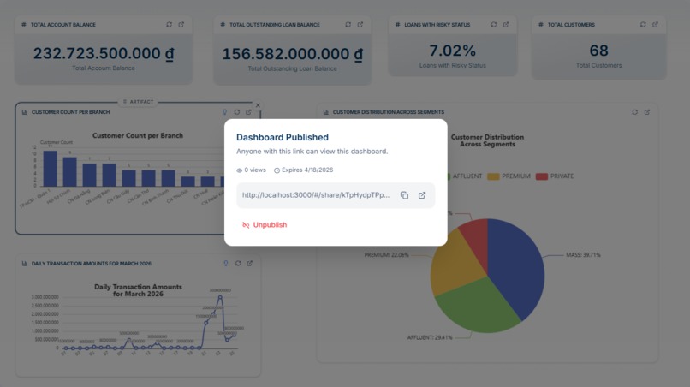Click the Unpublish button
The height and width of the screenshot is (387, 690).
coord(265,225)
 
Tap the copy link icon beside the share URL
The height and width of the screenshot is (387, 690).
coord(405,195)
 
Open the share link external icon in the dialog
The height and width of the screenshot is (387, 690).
coord(422,195)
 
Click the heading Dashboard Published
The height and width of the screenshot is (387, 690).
coord(283,137)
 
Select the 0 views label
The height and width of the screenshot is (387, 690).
coord(252,170)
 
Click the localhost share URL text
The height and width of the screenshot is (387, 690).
coord(316,195)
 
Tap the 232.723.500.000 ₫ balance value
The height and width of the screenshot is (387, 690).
coord(104,53)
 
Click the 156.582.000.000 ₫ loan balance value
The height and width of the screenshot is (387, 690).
coord(292,54)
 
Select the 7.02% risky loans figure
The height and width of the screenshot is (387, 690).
coord(452,51)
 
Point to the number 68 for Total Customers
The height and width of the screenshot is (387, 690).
coord(598,51)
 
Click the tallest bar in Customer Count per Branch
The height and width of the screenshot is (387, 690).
coord(51,168)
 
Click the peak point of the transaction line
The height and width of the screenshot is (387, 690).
coord(221,297)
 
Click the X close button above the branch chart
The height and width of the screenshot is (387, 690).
coord(258,105)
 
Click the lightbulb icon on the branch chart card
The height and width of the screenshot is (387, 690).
coord(225,112)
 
